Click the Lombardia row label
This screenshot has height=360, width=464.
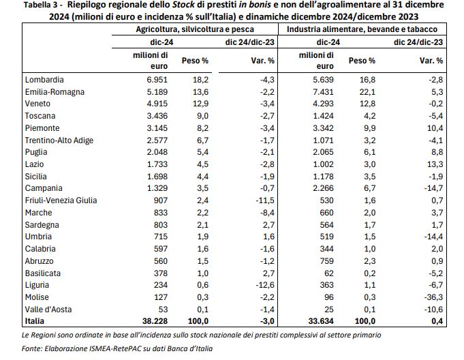point(44,80)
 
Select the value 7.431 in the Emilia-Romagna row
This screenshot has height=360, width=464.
point(323,92)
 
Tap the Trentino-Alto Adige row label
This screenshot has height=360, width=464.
point(59,140)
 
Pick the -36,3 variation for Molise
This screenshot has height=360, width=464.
point(433,297)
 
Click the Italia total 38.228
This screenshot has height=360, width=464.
point(155,321)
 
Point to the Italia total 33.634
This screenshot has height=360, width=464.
point(321,321)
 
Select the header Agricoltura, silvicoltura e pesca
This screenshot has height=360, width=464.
point(195,29)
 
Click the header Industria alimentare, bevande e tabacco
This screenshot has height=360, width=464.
point(362,29)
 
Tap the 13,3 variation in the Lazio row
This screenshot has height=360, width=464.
point(435,164)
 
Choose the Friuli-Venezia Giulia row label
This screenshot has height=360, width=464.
point(61,200)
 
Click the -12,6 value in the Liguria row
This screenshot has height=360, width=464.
point(265,285)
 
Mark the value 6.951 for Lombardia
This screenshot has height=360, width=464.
point(157,80)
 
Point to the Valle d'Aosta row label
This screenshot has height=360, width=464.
point(48,310)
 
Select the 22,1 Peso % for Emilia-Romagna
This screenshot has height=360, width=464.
point(367,92)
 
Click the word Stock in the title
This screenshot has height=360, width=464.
point(184,5)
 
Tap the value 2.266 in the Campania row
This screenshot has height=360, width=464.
point(323,188)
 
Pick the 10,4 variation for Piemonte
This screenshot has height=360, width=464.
point(435,128)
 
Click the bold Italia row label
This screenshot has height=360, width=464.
point(34,321)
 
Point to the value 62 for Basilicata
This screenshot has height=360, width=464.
point(328,273)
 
